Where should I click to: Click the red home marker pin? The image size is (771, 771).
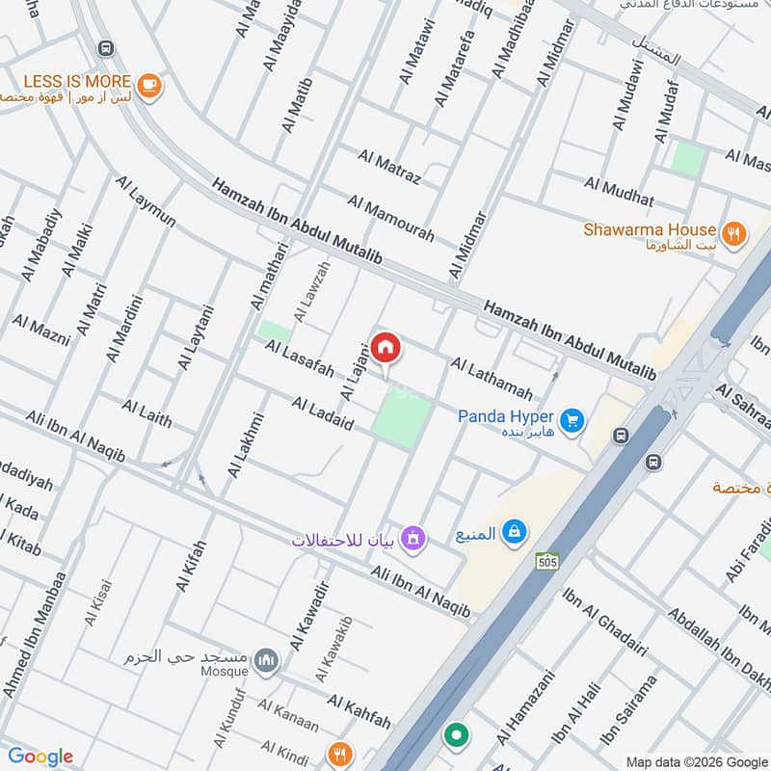[x=385, y=347]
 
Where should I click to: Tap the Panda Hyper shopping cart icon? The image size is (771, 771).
[x=572, y=420]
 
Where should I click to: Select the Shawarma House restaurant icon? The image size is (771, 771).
[x=733, y=232]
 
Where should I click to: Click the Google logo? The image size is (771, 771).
[x=40, y=757]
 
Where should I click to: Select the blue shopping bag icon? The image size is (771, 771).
[x=516, y=531]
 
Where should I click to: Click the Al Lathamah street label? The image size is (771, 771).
[x=491, y=379]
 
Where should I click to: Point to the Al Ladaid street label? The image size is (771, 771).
[x=322, y=413]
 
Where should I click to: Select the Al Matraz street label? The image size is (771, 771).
[x=388, y=166]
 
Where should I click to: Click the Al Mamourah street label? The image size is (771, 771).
[x=390, y=219]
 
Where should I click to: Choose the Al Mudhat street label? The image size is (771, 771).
[x=618, y=192]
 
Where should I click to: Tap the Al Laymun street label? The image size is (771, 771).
[x=146, y=200]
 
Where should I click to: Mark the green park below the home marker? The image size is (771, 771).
[x=401, y=421]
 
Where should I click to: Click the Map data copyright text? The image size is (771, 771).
[x=697, y=760]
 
